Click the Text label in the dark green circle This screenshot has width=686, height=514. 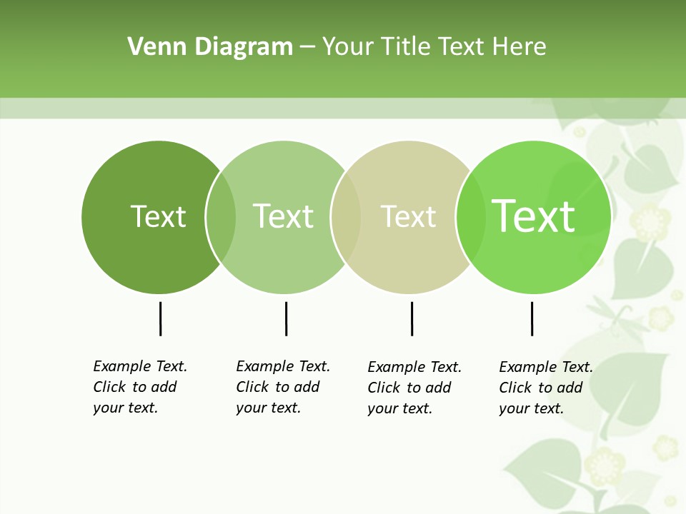point(158,216)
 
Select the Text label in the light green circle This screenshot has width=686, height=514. point(283,216)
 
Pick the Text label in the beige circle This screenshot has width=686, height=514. point(408,216)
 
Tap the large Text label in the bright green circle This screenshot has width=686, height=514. point(533,216)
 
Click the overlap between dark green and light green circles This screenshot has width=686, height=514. point(221,217)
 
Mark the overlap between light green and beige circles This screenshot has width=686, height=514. point(346,217)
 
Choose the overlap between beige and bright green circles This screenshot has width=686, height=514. point(470,217)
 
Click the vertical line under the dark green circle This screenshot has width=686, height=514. point(160,318)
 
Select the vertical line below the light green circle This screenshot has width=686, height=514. point(286,318)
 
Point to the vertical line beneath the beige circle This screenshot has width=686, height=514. point(412,318)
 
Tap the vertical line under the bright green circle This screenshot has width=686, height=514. point(532,318)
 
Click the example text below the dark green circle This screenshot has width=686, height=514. point(139,387)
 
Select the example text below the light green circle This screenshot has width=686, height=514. point(282,387)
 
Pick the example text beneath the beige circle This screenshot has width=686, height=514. point(414,388)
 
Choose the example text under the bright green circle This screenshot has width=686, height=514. point(545,388)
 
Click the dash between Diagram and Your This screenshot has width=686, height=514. point(307,48)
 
